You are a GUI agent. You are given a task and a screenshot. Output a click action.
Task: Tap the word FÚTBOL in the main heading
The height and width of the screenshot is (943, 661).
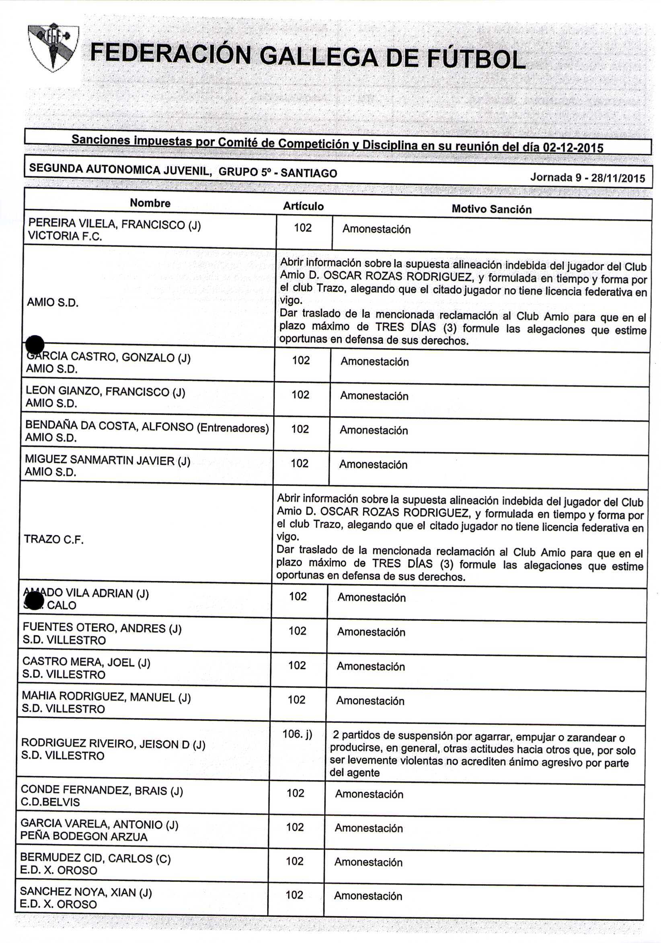pyautogui.click(x=476, y=59)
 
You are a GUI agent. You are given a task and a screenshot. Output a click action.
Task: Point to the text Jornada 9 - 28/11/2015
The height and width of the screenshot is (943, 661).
pyautogui.click(x=587, y=177)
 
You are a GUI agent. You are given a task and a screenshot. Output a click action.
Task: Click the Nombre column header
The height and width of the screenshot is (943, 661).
pyautogui.click(x=150, y=203)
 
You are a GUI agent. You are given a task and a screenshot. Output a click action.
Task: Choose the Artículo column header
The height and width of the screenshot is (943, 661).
pyautogui.click(x=303, y=206)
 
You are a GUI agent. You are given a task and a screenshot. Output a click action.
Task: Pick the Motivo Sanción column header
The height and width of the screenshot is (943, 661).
pyautogui.click(x=491, y=209)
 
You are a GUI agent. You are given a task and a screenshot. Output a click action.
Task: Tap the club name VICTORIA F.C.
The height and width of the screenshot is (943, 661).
pyautogui.click(x=64, y=236)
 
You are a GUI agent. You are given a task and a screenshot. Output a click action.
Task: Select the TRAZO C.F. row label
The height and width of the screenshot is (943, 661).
pyautogui.click(x=54, y=539)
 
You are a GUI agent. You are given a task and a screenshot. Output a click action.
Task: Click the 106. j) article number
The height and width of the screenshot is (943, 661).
pyautogui.click(x=297, y=734)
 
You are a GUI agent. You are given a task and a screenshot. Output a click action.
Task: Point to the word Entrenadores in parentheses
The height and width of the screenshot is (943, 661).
pyautogui.click(x=233, y=428)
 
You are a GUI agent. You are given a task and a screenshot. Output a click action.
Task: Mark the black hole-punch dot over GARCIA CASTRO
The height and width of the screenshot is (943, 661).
pyautogui.click(x=35, y=344)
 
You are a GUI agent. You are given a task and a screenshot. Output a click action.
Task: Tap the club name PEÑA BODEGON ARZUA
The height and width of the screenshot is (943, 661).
pyautogui.click(x=84, y=837)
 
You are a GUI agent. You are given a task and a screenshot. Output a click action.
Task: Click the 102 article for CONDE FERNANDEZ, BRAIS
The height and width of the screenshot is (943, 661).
pyautogui.click(x=296, y=793)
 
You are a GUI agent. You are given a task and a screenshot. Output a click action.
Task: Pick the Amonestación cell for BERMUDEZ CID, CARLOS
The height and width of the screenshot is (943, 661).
pyautogui.click(x=368, y=862)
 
